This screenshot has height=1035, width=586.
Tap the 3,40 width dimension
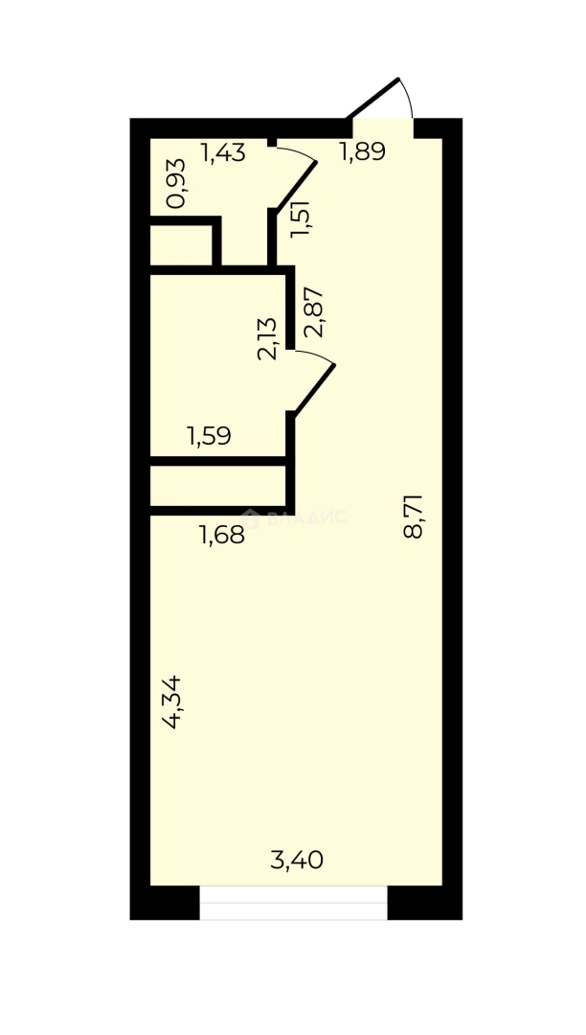point(297,861)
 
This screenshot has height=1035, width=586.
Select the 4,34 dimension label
point(173,702)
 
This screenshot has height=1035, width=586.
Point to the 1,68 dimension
point(221,535)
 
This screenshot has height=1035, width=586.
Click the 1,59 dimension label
point(209,438)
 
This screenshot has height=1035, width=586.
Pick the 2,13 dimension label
point(268,338)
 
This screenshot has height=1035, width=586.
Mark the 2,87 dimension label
point(314,312)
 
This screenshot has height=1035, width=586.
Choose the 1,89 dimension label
point(363,152)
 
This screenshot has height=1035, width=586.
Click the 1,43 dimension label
point(223,152)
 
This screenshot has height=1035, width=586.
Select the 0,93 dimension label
point(176,184)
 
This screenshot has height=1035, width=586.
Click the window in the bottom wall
point(294,903)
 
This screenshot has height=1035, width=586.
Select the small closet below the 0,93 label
point(181,245)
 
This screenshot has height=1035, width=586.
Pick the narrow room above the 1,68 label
point(217,486)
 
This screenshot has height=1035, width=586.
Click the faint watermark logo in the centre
point(306,517)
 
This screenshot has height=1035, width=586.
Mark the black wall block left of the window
point(165,903)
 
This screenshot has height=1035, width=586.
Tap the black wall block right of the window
point(425,903)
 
